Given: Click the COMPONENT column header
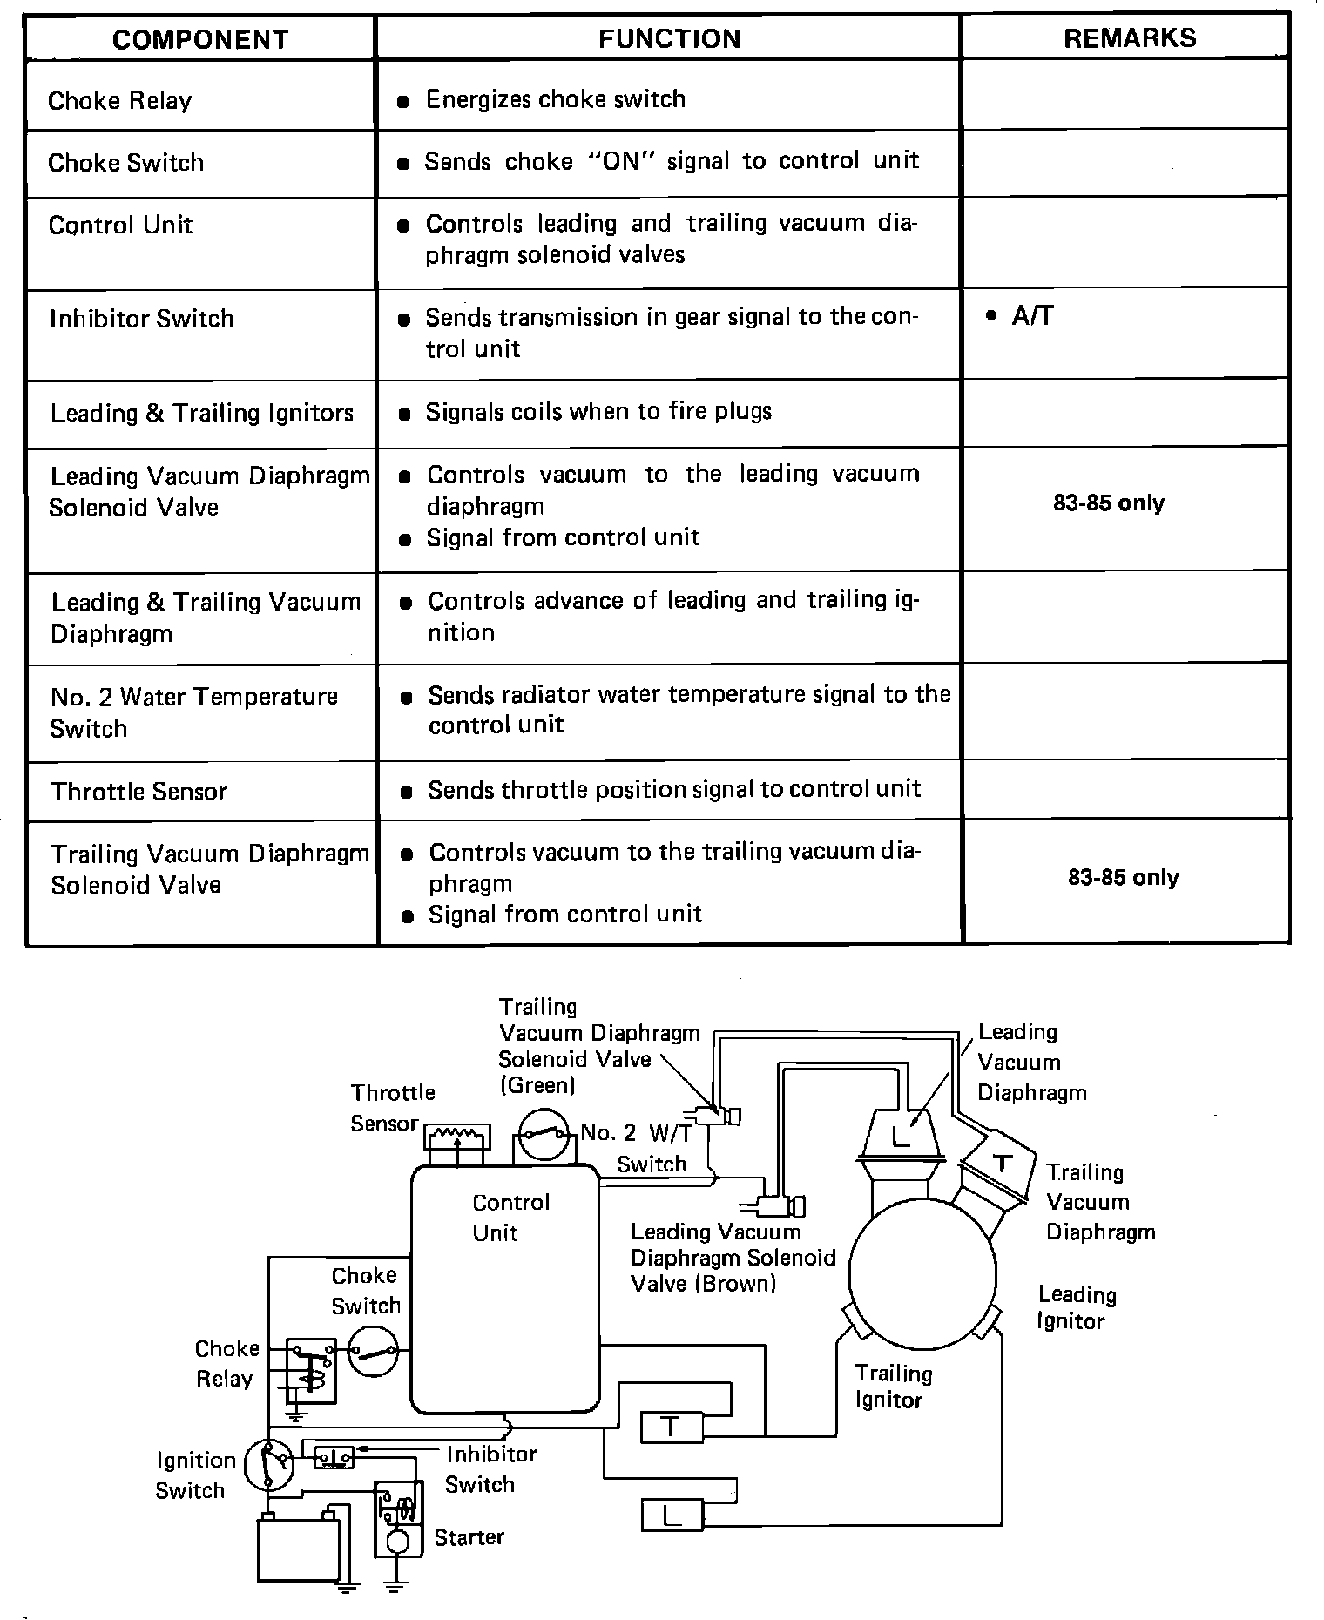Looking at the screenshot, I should [x=200, y=39].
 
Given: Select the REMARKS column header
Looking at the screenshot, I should [x=1130, y=37].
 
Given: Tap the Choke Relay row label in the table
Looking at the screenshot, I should [x=119, y=101].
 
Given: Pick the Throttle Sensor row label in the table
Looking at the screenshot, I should [x=138, y=792].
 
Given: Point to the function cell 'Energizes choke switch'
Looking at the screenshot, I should [x=555, y=99].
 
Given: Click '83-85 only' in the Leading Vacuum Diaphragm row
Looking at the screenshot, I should [x=1108, y=503].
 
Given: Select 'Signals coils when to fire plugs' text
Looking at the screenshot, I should [x=598, y=411].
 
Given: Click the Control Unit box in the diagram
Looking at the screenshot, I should [x=504, y=1289].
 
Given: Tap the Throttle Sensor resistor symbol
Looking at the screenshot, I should [x=457, y=1136].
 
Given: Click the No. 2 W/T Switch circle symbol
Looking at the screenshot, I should [x=544, y=1133].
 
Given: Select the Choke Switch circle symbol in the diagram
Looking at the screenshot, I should [x=373, y=1352].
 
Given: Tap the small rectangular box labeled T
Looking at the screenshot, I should [x=671, y=1426].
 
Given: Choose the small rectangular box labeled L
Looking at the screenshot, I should [x=672, y=1515].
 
